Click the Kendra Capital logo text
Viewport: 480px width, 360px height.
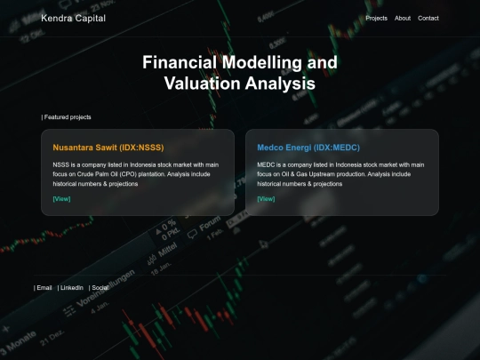pos(73,19)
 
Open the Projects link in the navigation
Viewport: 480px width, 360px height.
pos(377,19)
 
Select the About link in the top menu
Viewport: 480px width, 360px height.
pos(403,19)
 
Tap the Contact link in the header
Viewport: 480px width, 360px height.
pos(428,19)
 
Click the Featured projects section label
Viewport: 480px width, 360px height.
pos(67,117)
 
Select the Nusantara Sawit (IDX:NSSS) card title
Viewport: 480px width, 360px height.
pos(108,148)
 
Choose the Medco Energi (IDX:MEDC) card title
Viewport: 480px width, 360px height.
pos(308,148)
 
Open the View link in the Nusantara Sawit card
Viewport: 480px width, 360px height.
pos(61,198)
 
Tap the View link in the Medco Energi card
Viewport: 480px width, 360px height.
pos(266,198)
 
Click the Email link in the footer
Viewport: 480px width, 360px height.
pos(44,288)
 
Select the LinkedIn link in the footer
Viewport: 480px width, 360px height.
pos(71,288)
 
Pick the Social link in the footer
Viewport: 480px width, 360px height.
pos(99,288)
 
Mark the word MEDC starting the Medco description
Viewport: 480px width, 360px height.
pos(267,164)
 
